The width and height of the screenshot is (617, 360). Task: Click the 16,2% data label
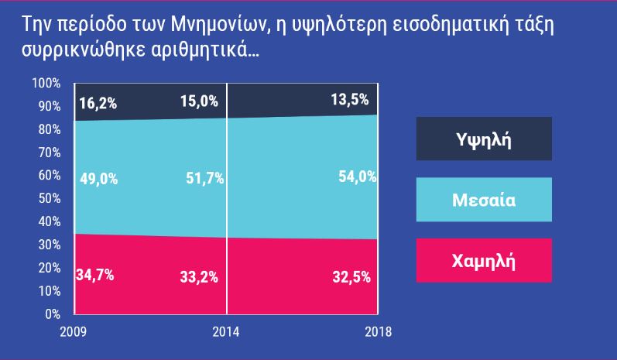[97, 102]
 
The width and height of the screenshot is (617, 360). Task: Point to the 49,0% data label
[98, 179]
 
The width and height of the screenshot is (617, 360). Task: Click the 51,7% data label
[205, 179]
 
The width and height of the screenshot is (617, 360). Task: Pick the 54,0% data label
[357, 177]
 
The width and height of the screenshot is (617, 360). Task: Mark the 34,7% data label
[94, 274]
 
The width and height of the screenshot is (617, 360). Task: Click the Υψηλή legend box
[484, 139]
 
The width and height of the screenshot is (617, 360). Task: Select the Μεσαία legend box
[484, 200]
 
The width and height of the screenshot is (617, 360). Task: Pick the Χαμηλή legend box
[484, 260]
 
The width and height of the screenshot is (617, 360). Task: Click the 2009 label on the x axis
[74, 332]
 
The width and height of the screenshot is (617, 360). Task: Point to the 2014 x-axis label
[225, 332]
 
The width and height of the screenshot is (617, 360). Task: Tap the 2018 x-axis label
[377, 332]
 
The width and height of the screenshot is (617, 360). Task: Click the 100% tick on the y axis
[46, 83]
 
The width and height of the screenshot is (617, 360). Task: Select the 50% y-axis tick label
[50, 198]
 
